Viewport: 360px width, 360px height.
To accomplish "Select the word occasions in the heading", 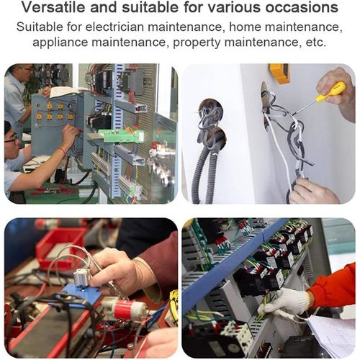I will click(x=297, y=9).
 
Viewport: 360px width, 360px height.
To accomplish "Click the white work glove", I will click(x=284, y=302).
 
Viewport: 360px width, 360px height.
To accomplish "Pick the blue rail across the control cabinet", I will click(x=230, y=259).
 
